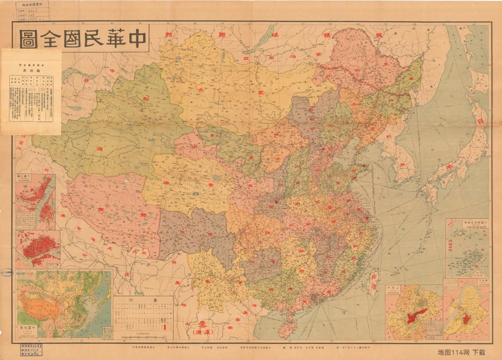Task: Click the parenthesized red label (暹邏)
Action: point(202,333)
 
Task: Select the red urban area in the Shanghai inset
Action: point(417,315)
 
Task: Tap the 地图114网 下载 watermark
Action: point(461,352)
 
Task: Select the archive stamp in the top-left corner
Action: point(33,11)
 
